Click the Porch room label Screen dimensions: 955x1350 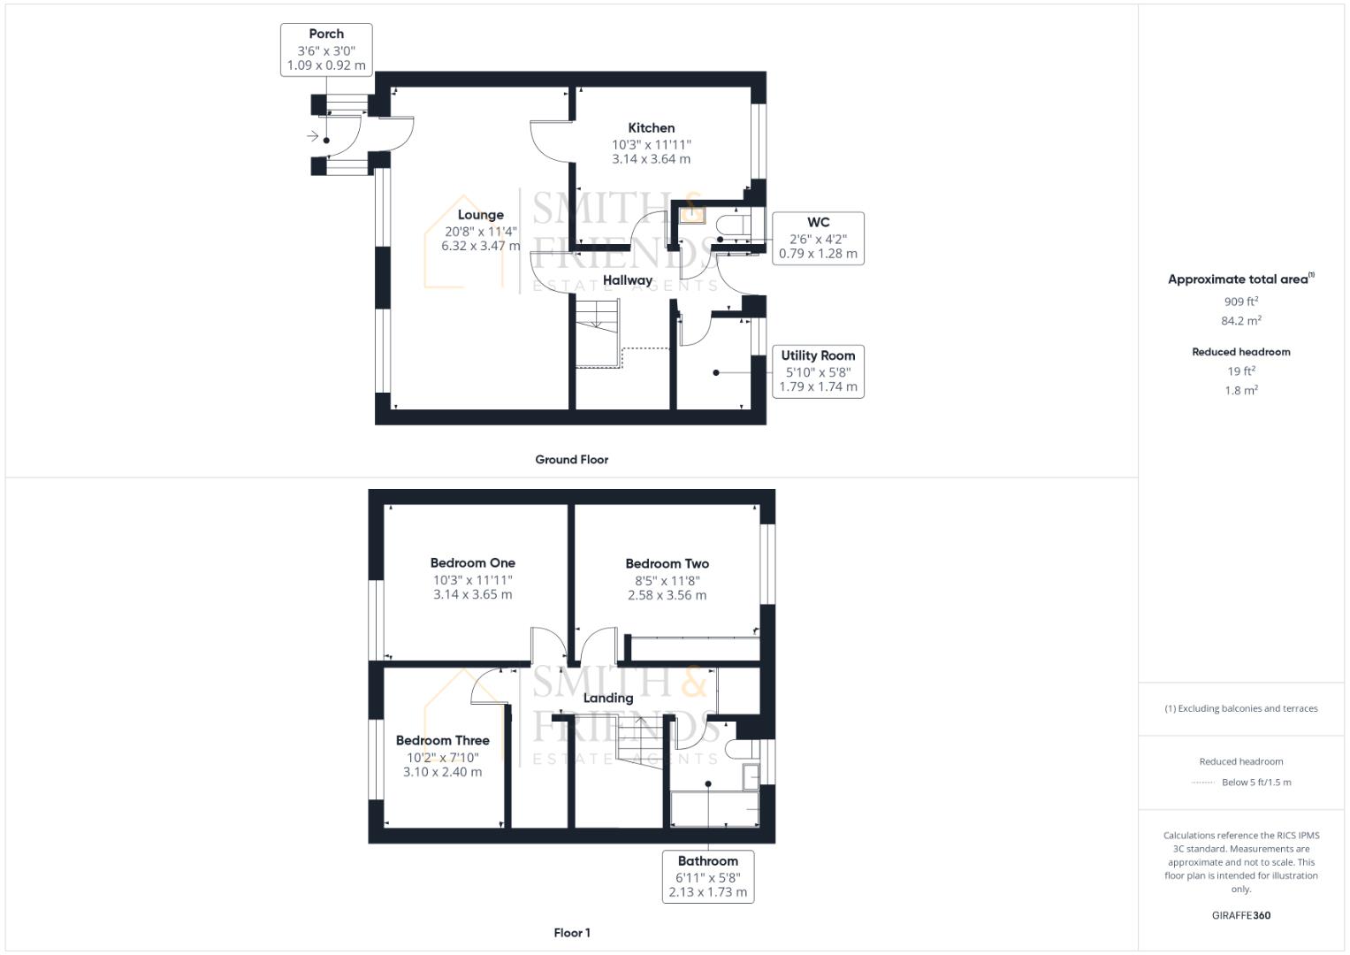[326, 34]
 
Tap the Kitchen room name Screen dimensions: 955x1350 [652, 128]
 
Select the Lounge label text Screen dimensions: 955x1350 [481, 215]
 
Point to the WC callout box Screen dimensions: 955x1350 [818, 238]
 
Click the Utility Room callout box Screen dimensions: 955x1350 [818, 371]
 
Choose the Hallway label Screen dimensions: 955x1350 [628, 280]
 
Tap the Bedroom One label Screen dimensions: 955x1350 [473, 563]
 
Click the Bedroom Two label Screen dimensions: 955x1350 [667, 564]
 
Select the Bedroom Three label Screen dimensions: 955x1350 [443, 741]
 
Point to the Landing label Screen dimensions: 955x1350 [608, 699]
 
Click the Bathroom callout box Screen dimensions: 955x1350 [708, 876]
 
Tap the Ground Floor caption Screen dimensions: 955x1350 [572, 460]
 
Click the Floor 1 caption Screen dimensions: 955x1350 [572, 933]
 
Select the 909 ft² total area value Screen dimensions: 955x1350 [1241, 302]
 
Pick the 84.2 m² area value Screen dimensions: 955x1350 [1241, 321]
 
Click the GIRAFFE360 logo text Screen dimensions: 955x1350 [1241, 916]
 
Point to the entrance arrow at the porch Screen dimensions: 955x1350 [312, 136]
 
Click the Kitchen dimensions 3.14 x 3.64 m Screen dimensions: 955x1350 [652, 160]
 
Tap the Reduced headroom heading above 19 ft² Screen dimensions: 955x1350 [1241, 352]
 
